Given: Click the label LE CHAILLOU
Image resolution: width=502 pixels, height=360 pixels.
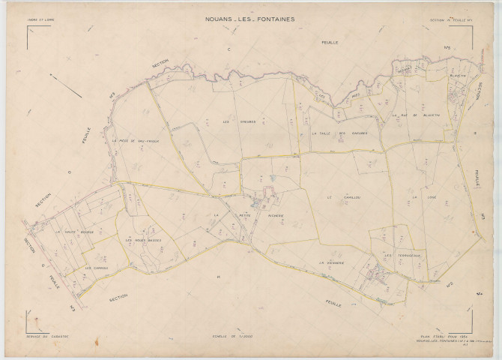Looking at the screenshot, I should [339, 197].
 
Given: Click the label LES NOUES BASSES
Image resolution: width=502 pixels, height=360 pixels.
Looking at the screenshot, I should [144, 240].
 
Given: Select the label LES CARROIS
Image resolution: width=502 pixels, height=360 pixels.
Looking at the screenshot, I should [97, 268].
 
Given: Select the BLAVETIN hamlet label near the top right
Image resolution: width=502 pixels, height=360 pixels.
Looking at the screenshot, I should [459, 75].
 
